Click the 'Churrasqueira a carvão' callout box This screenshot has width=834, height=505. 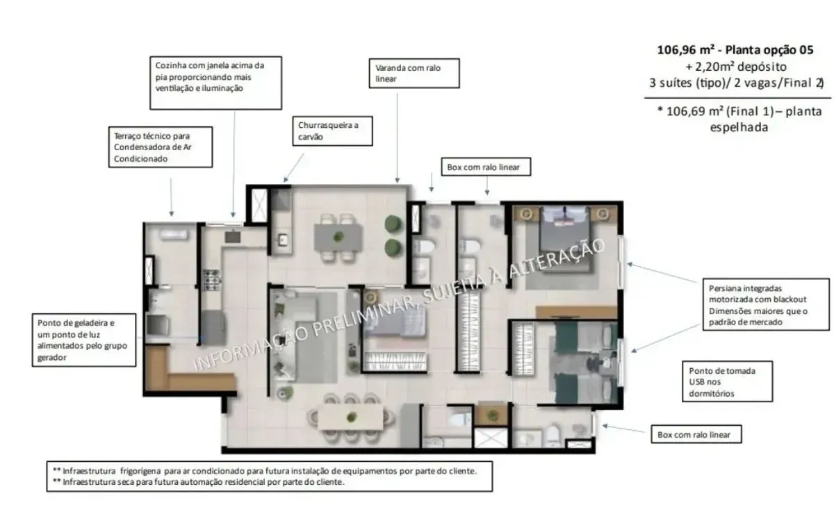(332, 131)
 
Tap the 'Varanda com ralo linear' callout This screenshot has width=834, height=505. (414, 74)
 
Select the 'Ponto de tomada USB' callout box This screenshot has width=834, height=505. (727, 381)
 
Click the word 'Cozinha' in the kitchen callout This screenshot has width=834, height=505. (169, 65)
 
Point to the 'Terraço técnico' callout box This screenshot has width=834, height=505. (161, 147)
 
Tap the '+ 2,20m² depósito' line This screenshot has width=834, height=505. (736, 67)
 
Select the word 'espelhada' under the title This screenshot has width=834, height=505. (739, 127)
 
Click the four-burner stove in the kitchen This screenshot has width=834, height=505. (212, 280)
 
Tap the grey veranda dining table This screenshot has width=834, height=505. (338, 238)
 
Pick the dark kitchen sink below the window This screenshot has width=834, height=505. (233, 237)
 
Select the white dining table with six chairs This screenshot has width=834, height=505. (350, 417)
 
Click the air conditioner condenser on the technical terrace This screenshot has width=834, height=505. (173, 234)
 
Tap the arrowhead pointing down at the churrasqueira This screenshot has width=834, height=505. (286, 180)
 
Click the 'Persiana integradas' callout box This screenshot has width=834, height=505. (766, 304)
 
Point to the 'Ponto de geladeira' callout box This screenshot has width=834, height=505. (84, 340)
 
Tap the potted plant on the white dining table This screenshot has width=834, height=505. (351, 417)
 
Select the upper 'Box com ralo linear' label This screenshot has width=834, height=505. (486, 167)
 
